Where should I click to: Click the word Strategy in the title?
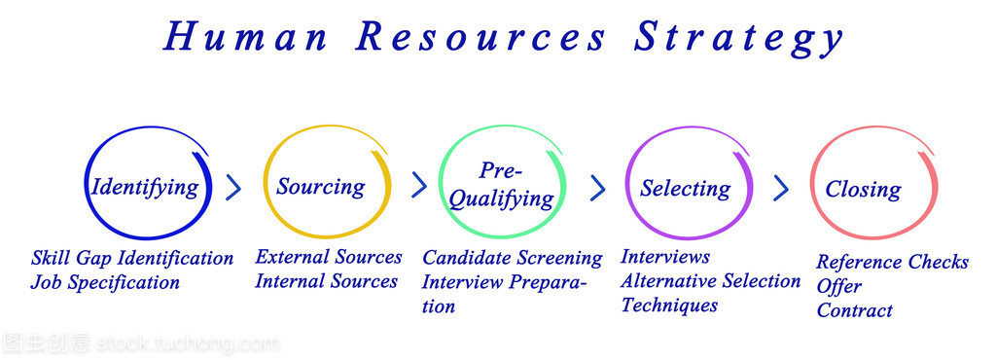738,38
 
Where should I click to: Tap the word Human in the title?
245,36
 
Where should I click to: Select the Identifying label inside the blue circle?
145,188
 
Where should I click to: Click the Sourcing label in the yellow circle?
321,187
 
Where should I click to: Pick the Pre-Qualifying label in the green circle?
501,185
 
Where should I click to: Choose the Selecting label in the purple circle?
686,189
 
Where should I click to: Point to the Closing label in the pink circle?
864,189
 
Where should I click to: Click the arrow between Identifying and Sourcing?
233,188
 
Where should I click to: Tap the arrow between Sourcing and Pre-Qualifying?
419,185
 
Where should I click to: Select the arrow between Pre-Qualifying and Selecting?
598,188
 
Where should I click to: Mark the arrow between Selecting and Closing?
781,189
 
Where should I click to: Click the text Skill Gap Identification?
132,259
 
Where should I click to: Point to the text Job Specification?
105,282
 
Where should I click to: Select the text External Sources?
329,257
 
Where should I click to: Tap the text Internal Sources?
327,280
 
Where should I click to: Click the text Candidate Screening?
513,259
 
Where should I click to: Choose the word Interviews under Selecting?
665,257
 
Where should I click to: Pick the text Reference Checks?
893,263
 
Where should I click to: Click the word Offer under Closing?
839,286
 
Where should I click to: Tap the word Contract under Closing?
855,310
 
